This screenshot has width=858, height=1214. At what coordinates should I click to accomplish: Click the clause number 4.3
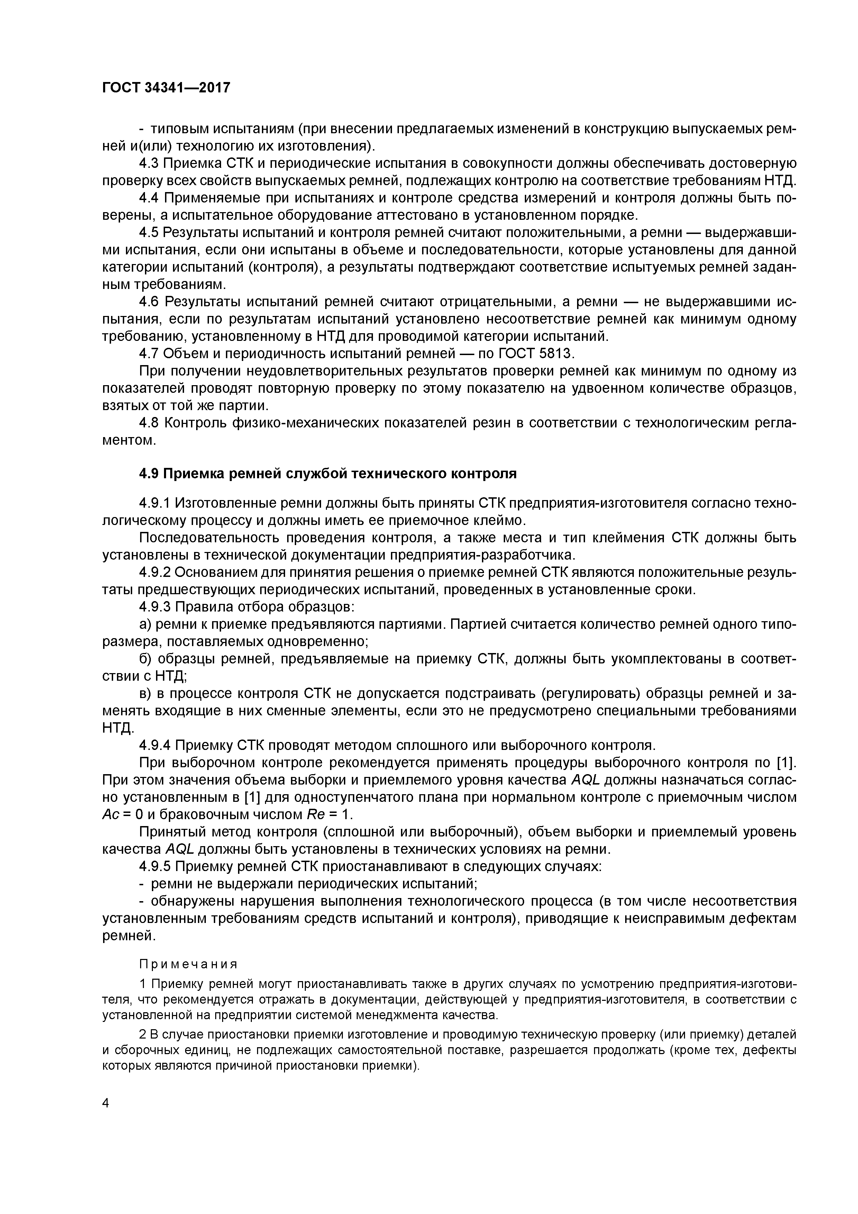pyautogui.click(x=149, y=163)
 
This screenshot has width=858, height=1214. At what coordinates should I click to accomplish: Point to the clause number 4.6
pyautogui.click(x=149, y=302)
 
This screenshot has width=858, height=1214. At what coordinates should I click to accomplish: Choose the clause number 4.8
pyautogui.click(x=149, y=423)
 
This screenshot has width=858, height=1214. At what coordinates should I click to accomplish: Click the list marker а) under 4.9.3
pyautogui.click(x=145, y=624)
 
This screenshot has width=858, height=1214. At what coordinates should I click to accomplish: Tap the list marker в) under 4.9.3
pyautogui.click(x=145, y=693)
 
